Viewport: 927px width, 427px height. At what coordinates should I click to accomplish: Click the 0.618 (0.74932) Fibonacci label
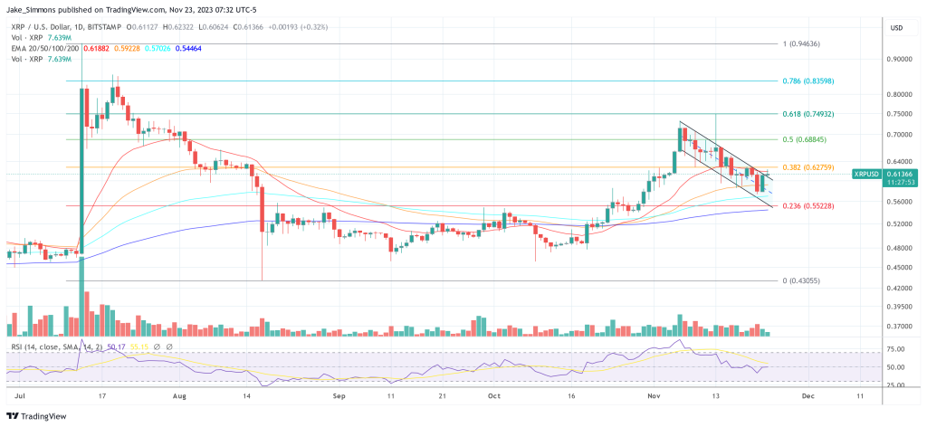click(x=809, y=114)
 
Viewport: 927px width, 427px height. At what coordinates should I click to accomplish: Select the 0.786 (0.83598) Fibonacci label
click(x=809, y=81)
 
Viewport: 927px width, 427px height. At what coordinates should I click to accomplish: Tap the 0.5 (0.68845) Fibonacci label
click(x=806, y=139)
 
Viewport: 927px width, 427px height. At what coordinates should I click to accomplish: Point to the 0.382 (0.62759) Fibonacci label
click(x=809, y=167)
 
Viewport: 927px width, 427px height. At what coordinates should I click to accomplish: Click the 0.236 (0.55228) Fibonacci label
click(x=809, y=206)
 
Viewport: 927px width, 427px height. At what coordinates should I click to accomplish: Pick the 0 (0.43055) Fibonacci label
click(x=802, y=280)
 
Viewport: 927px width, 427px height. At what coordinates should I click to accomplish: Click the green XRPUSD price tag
click(x=872, y=173)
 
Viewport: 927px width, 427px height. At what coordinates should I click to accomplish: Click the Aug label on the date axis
click(x=179, y=396)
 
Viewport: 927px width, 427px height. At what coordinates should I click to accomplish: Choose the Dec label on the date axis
click(x=808, y=396)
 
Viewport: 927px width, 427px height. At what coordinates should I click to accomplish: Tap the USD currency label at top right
click(x=898, y=27)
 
